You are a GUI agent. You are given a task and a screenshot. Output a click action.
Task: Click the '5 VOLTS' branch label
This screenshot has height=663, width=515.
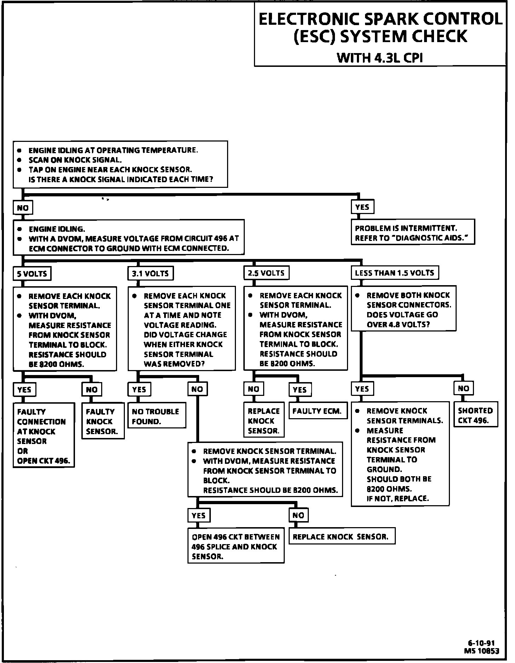click(32, 273)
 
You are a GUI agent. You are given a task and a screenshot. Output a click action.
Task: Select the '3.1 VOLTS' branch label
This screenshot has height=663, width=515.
click(150, 273)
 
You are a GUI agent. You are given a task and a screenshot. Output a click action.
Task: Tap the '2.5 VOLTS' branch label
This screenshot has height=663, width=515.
click(266, 273)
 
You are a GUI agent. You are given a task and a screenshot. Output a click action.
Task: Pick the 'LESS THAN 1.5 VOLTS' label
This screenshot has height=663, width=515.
click(394, 272)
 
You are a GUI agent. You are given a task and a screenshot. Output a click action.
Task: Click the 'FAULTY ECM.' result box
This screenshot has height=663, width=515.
click(317, 411)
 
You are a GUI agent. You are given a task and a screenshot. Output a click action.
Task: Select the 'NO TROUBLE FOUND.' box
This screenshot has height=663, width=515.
click(157, 416)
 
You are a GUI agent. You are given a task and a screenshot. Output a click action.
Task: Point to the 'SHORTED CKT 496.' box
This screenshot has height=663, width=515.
click(475, 415)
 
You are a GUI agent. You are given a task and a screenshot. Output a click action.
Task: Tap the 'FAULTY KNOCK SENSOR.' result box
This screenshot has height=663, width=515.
click(103, 421)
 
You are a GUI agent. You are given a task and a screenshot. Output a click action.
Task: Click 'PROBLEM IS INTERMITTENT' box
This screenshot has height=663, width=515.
click(412, 233)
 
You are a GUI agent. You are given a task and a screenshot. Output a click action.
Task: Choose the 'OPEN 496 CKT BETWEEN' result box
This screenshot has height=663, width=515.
click(236, 547)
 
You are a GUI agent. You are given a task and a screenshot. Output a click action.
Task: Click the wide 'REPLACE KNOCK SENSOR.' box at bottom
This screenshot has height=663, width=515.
click(341, 537)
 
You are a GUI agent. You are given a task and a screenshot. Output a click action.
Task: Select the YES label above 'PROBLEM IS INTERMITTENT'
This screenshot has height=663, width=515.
click(362, 207)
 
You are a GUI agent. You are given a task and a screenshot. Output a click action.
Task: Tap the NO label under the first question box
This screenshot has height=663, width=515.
click(23, 208)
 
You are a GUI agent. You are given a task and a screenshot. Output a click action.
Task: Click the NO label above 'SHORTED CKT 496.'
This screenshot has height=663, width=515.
click(463, 388)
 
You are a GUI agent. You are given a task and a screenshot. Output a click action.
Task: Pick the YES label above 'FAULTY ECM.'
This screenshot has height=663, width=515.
click(300, 390)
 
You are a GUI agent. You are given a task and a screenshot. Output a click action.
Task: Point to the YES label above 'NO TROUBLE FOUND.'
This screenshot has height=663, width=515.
click(139, 390)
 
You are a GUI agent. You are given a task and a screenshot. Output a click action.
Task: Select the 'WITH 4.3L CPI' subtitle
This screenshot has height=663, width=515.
click(380, 57)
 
